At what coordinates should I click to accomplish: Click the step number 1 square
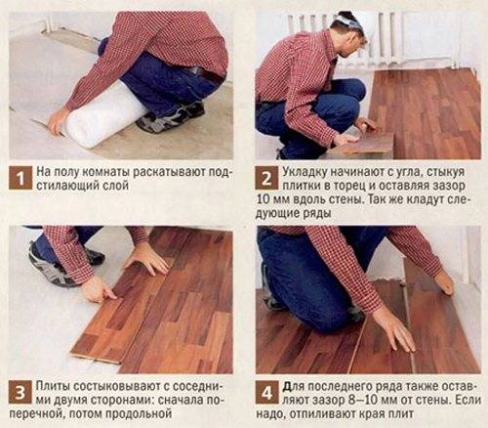pos(20,178)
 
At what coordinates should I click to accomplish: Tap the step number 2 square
pos(266,178)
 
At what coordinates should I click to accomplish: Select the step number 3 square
pos(20,392)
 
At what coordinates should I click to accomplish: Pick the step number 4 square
pos(267,392)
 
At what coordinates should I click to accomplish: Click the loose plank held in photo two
pos(364,145)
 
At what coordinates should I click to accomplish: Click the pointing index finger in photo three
pos(107,294)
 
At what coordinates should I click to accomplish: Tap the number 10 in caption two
pos(264,199)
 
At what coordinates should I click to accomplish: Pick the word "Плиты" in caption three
pos(53,386)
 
